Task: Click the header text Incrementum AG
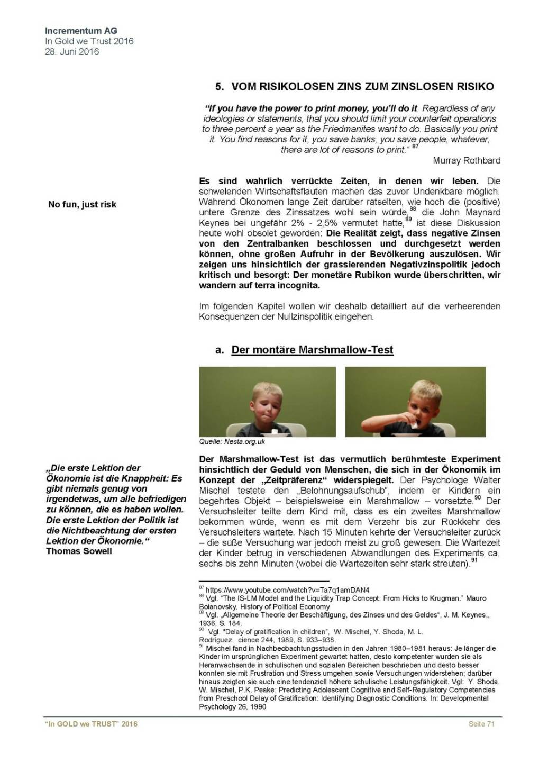81,31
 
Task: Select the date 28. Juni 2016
72,51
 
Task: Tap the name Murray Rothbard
466,160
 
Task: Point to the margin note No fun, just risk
82,204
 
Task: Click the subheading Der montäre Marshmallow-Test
312,350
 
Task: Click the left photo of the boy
267,402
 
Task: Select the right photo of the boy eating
415,402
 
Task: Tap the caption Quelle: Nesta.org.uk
232,441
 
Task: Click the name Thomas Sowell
79,551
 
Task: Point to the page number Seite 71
481,724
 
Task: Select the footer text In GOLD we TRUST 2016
91,724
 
